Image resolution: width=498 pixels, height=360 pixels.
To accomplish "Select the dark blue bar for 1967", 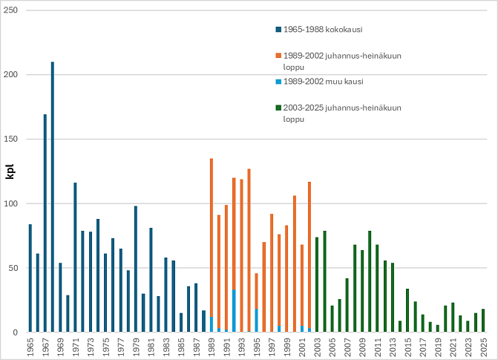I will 45,223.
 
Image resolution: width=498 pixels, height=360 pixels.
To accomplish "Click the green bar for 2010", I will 370,281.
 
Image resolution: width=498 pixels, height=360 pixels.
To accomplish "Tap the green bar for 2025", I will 483,321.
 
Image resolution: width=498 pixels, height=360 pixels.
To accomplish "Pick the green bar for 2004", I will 324,281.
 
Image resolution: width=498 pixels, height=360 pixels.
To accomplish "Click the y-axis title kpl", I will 10,172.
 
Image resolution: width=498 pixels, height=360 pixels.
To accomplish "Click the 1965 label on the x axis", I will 30,346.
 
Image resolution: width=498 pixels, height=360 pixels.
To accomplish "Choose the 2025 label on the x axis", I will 483,346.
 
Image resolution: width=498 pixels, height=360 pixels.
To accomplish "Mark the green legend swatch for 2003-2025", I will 278,108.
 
